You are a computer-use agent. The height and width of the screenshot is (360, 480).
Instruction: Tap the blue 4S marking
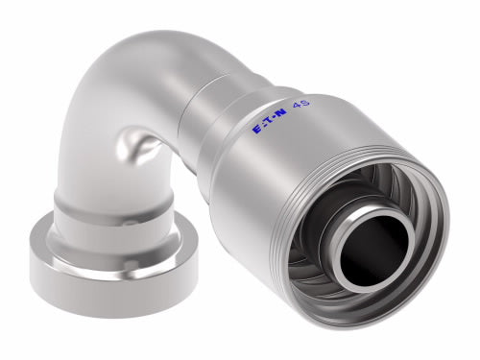point(300,105)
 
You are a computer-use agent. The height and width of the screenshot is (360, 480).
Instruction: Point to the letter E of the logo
point(257,129)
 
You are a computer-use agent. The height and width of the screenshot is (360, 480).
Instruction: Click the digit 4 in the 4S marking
point(296,107)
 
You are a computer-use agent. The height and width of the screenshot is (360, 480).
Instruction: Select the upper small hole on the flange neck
point(128,223)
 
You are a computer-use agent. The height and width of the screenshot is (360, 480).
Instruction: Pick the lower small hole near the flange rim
point(131,264)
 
